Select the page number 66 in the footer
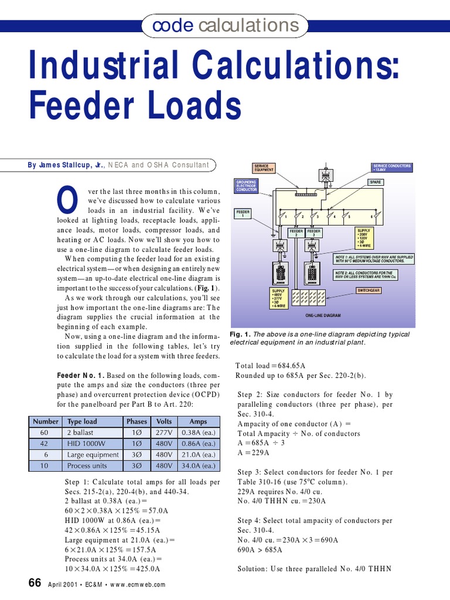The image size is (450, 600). click(x=35, y=583)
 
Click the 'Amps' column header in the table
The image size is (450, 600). click(x=198, y=421)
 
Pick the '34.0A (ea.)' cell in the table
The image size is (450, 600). click(x=198, y=466)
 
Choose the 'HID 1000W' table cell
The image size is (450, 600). click(x=84, y=444)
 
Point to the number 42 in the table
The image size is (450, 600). click(x=45, y=444)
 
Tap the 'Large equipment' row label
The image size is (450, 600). click(x=93, y=455)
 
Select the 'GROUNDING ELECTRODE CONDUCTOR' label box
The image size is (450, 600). click(x=246, y=186)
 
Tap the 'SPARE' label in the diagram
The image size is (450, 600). click(x=375, y=182)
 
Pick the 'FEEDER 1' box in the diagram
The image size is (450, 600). click(x=243, y=213)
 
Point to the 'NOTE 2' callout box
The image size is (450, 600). click(x=364, y=274)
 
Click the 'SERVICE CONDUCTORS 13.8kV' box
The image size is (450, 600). click(x=392, y=168)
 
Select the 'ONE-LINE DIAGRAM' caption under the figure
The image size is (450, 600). click(x=323, y=316)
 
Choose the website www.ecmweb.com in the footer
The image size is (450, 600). click(x=138, y=585)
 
